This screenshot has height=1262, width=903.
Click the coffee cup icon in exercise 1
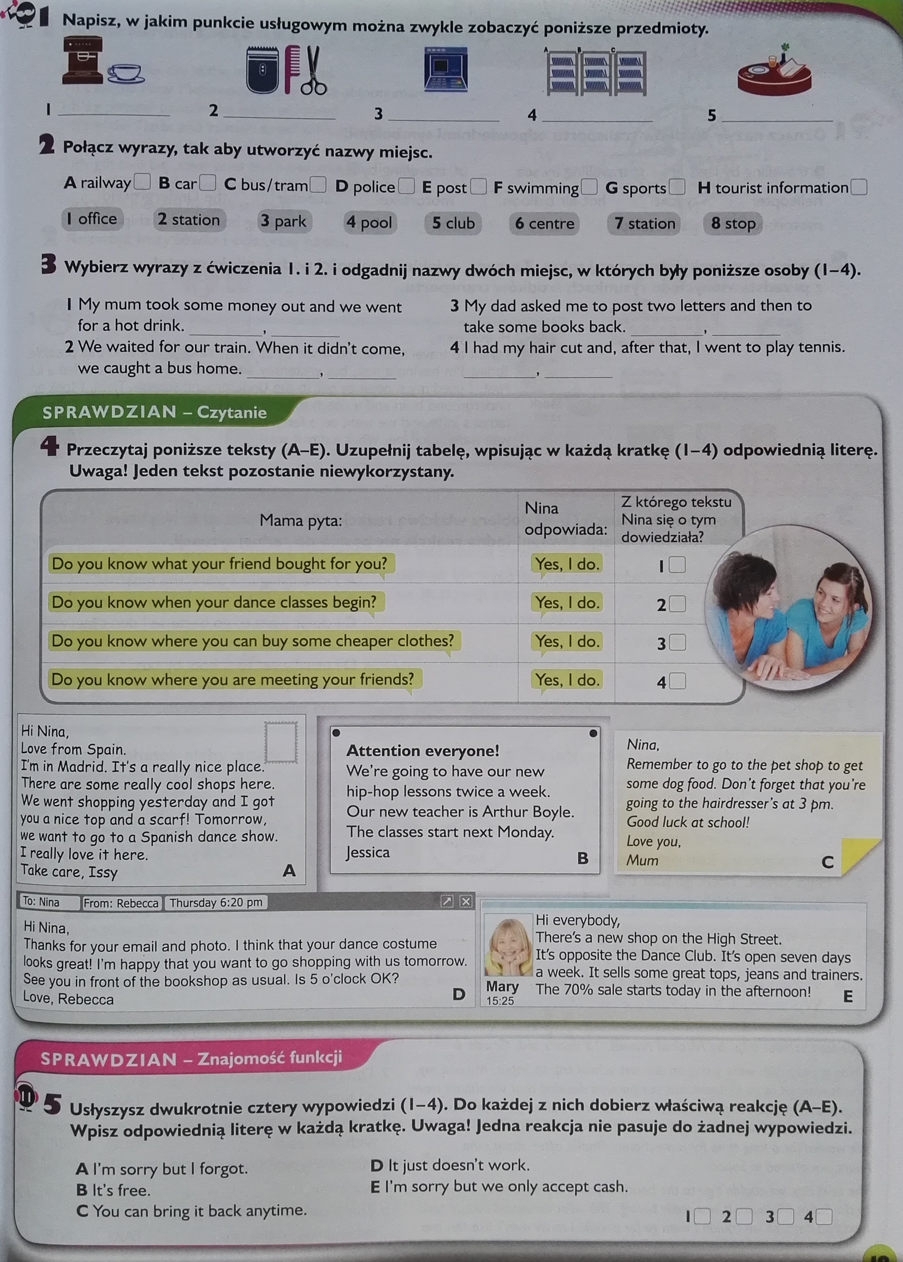coord(126,73)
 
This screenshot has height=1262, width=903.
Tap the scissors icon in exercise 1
coord(313,71)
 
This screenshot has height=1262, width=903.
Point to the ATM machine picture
coord(445,69)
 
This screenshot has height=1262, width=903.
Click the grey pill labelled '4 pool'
coord(369,223)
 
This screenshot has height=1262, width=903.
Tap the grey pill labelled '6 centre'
coord(545,223)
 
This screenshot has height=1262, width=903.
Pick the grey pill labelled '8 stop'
coord(733,223)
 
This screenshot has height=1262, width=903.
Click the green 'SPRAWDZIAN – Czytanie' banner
coord(155,412)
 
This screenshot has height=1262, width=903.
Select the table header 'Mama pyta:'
coord(301,520)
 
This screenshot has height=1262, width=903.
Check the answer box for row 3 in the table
coord(677,643)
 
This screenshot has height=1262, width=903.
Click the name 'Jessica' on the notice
coord(368,852)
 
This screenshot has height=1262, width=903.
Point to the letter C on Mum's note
coord(827,862)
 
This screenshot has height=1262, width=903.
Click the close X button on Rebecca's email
coord(466,901)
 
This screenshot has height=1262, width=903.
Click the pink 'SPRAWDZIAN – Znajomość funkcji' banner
coord(191,1058)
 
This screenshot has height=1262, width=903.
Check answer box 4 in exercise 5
coord(824,1218)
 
